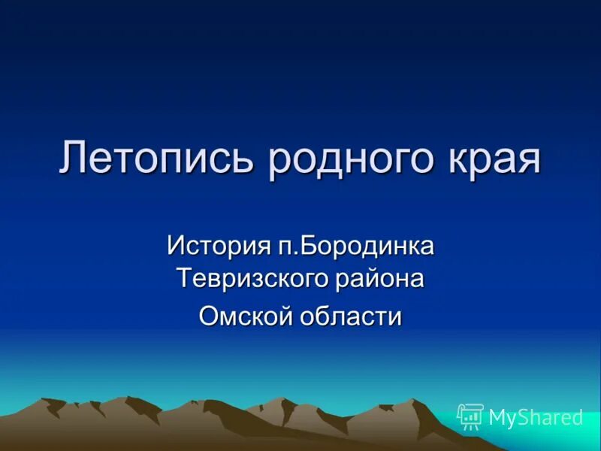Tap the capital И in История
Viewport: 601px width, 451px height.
[x=177, y=245]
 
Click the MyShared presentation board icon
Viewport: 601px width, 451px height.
[x=470, y=416]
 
